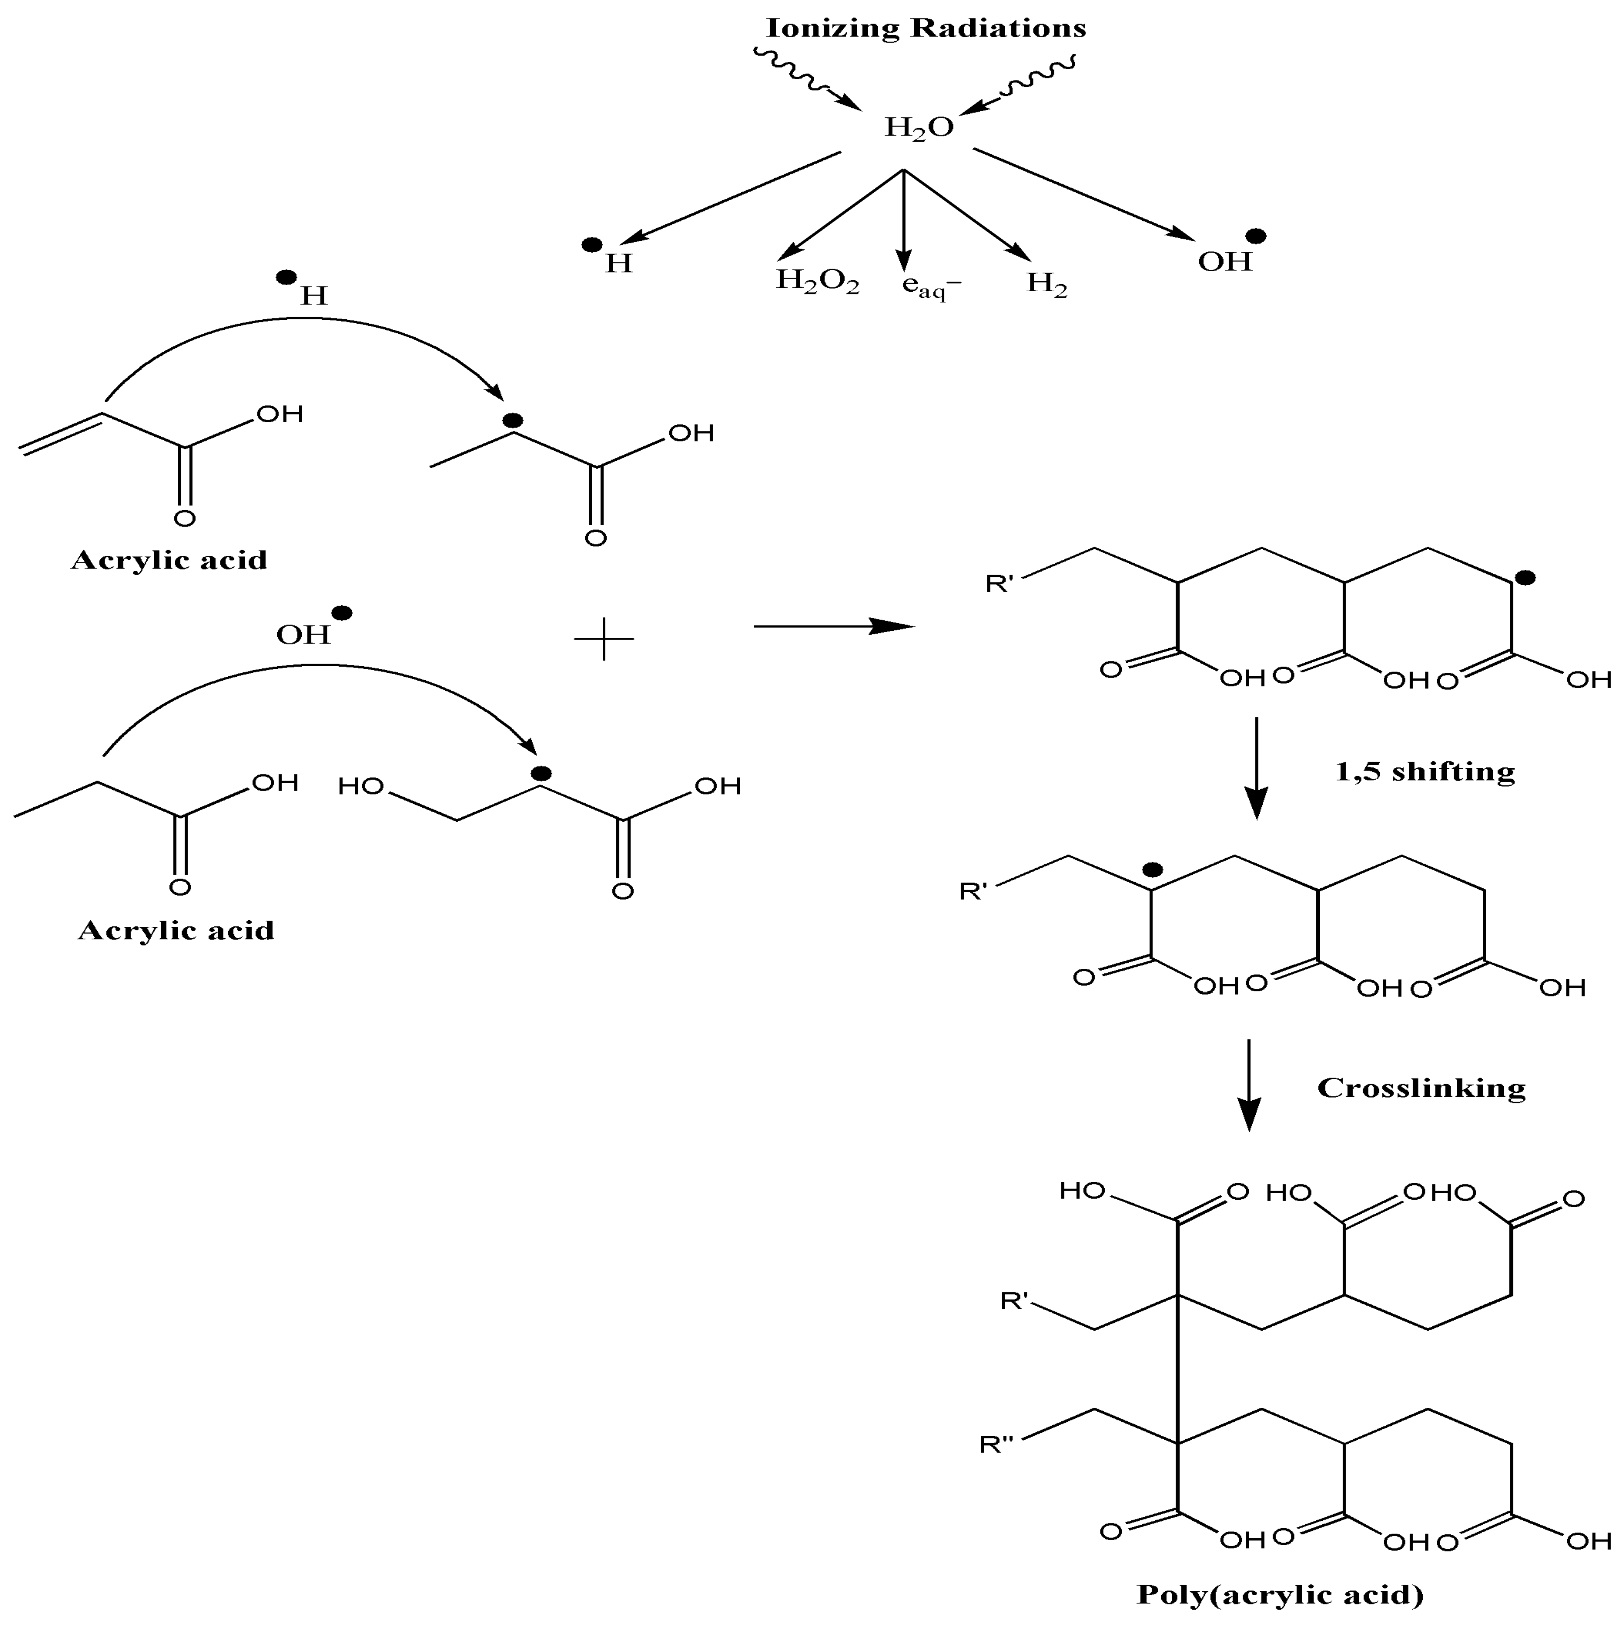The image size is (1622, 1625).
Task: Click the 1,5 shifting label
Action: pyautogui.click(x=1424, y=771)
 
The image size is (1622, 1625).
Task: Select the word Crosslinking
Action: pyautogui.click(x=1420, y=1088)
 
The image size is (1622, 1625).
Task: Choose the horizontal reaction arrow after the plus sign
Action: pyautogui.click(x=833, y=626)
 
